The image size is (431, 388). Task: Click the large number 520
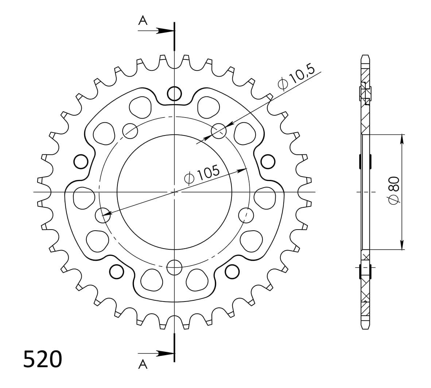[43, 359]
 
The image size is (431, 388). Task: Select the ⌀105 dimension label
[202, 174]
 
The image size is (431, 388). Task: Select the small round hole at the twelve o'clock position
[175, 93]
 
